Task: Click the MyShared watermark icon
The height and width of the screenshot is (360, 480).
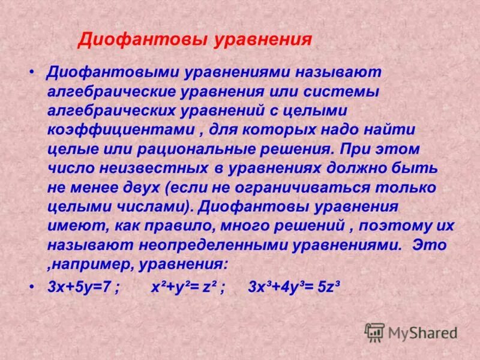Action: click(374, 332)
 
